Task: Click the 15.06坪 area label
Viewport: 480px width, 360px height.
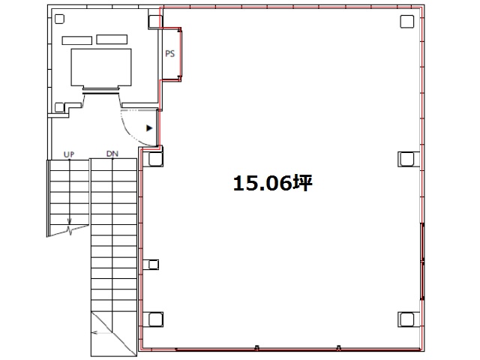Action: pos(272,184)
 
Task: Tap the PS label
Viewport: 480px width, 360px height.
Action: pos(170,54)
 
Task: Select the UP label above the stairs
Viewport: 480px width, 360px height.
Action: pos(68,154)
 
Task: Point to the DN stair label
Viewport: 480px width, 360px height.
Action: pos(112,154)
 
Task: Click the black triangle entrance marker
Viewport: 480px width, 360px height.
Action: pos(148,128)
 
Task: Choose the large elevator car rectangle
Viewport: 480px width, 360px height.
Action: pos(100,67)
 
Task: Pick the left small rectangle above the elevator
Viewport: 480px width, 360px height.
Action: pos(76,39)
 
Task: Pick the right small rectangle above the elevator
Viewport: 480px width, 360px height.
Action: pos(112,38)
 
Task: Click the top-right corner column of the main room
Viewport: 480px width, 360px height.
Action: pos(407,20)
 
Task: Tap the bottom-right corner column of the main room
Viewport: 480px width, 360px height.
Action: pos(407,319)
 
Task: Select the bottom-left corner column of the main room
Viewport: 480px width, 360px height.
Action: pos(154,319)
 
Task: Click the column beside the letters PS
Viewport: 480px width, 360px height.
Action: pos(154,21)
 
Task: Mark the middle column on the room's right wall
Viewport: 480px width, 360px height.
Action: pos(407,158)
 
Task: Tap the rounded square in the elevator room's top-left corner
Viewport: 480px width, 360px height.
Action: pos(60,19)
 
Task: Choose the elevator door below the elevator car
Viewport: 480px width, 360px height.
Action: pos(100,91)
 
